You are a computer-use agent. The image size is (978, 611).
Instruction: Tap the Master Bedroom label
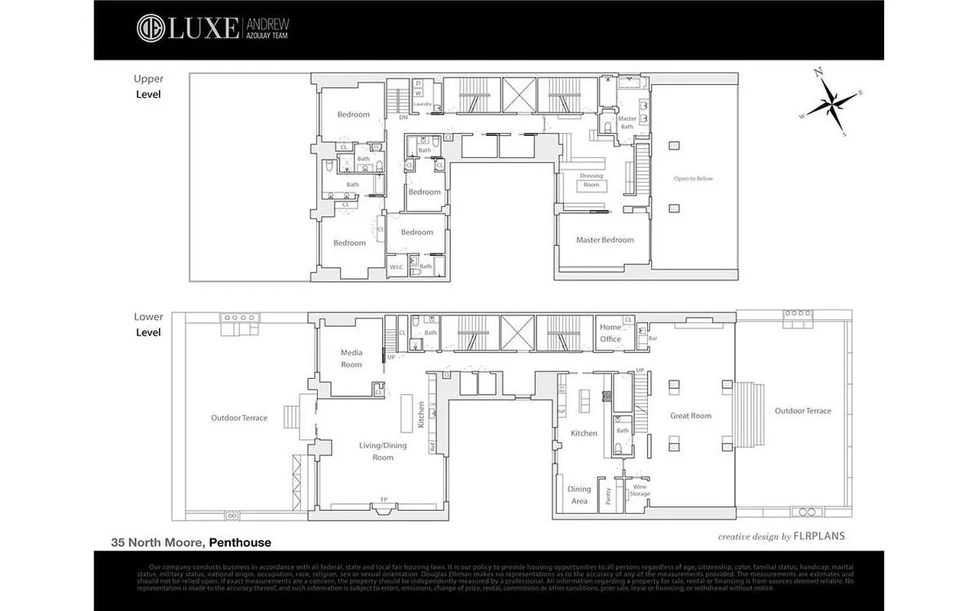click(604, 240)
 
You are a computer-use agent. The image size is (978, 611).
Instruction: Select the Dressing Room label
click(591, 180)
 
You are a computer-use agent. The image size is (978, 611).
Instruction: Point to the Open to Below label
click(693, 179)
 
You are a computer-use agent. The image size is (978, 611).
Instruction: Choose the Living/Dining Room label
click(383, 451)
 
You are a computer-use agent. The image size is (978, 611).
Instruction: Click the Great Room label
click(690, 416)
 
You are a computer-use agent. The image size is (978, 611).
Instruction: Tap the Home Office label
click(610, 333)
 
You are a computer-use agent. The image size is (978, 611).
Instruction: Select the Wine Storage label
click(640, 490)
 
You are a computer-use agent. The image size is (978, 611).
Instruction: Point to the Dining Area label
click(579, 495)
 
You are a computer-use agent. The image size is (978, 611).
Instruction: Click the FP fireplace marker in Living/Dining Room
click(384, 501)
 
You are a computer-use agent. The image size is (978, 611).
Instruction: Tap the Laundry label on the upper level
click(423, 105)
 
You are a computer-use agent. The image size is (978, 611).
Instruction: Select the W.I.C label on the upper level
click(396, 267)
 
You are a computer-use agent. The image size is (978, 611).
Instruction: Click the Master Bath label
click(627, 122)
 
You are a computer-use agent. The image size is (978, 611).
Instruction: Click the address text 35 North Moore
click(157, 543)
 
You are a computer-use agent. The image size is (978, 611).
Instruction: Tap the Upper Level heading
click(148, 86)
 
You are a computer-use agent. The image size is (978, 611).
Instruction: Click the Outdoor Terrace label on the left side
click(239, 418)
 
